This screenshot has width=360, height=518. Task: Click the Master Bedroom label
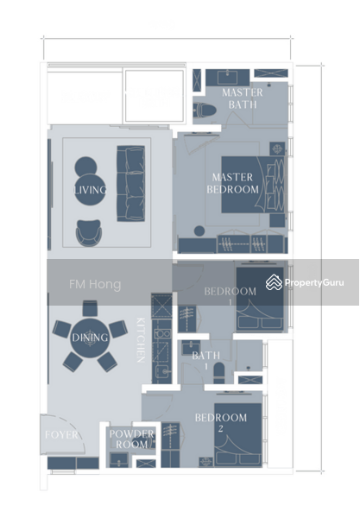[232, 183]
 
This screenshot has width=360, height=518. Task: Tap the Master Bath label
[243, 98]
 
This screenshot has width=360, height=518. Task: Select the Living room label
[90, 190]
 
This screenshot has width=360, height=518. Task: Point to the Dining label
[90, 338]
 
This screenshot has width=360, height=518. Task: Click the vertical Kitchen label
[141, 340]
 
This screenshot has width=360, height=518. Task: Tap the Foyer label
[62, 434]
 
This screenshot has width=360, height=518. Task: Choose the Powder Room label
[131, 439]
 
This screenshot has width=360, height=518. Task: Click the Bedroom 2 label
[221, 422]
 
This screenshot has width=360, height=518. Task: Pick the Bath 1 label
[206, 360]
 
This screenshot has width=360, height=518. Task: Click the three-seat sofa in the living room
[130, 184]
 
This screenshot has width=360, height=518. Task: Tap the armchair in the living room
[89, 233]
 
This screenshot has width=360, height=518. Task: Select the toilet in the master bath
[205, 111]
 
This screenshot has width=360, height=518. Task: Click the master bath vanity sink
[228, 78]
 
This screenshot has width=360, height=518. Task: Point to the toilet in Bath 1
[219, 373]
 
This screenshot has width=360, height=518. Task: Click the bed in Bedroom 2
[238, 434]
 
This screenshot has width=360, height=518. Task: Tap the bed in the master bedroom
[253, 185]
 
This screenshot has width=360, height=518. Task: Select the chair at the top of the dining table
[90, 308]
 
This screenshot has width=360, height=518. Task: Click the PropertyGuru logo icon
[274, 282]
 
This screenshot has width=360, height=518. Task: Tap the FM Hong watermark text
[95, 284]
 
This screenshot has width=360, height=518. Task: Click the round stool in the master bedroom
[199, 231]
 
